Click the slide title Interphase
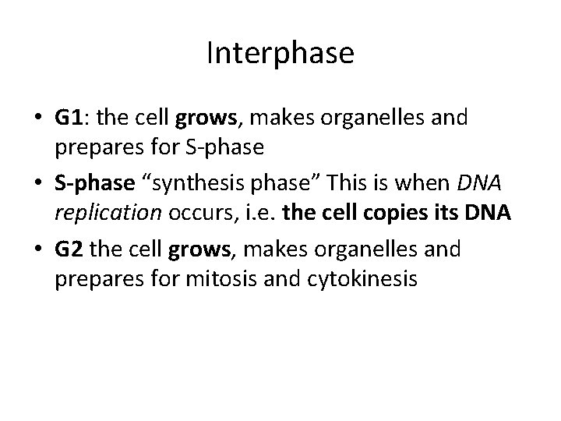(x=280, y=53)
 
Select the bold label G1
(x=70, y=118)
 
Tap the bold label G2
(x=70, y=250)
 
